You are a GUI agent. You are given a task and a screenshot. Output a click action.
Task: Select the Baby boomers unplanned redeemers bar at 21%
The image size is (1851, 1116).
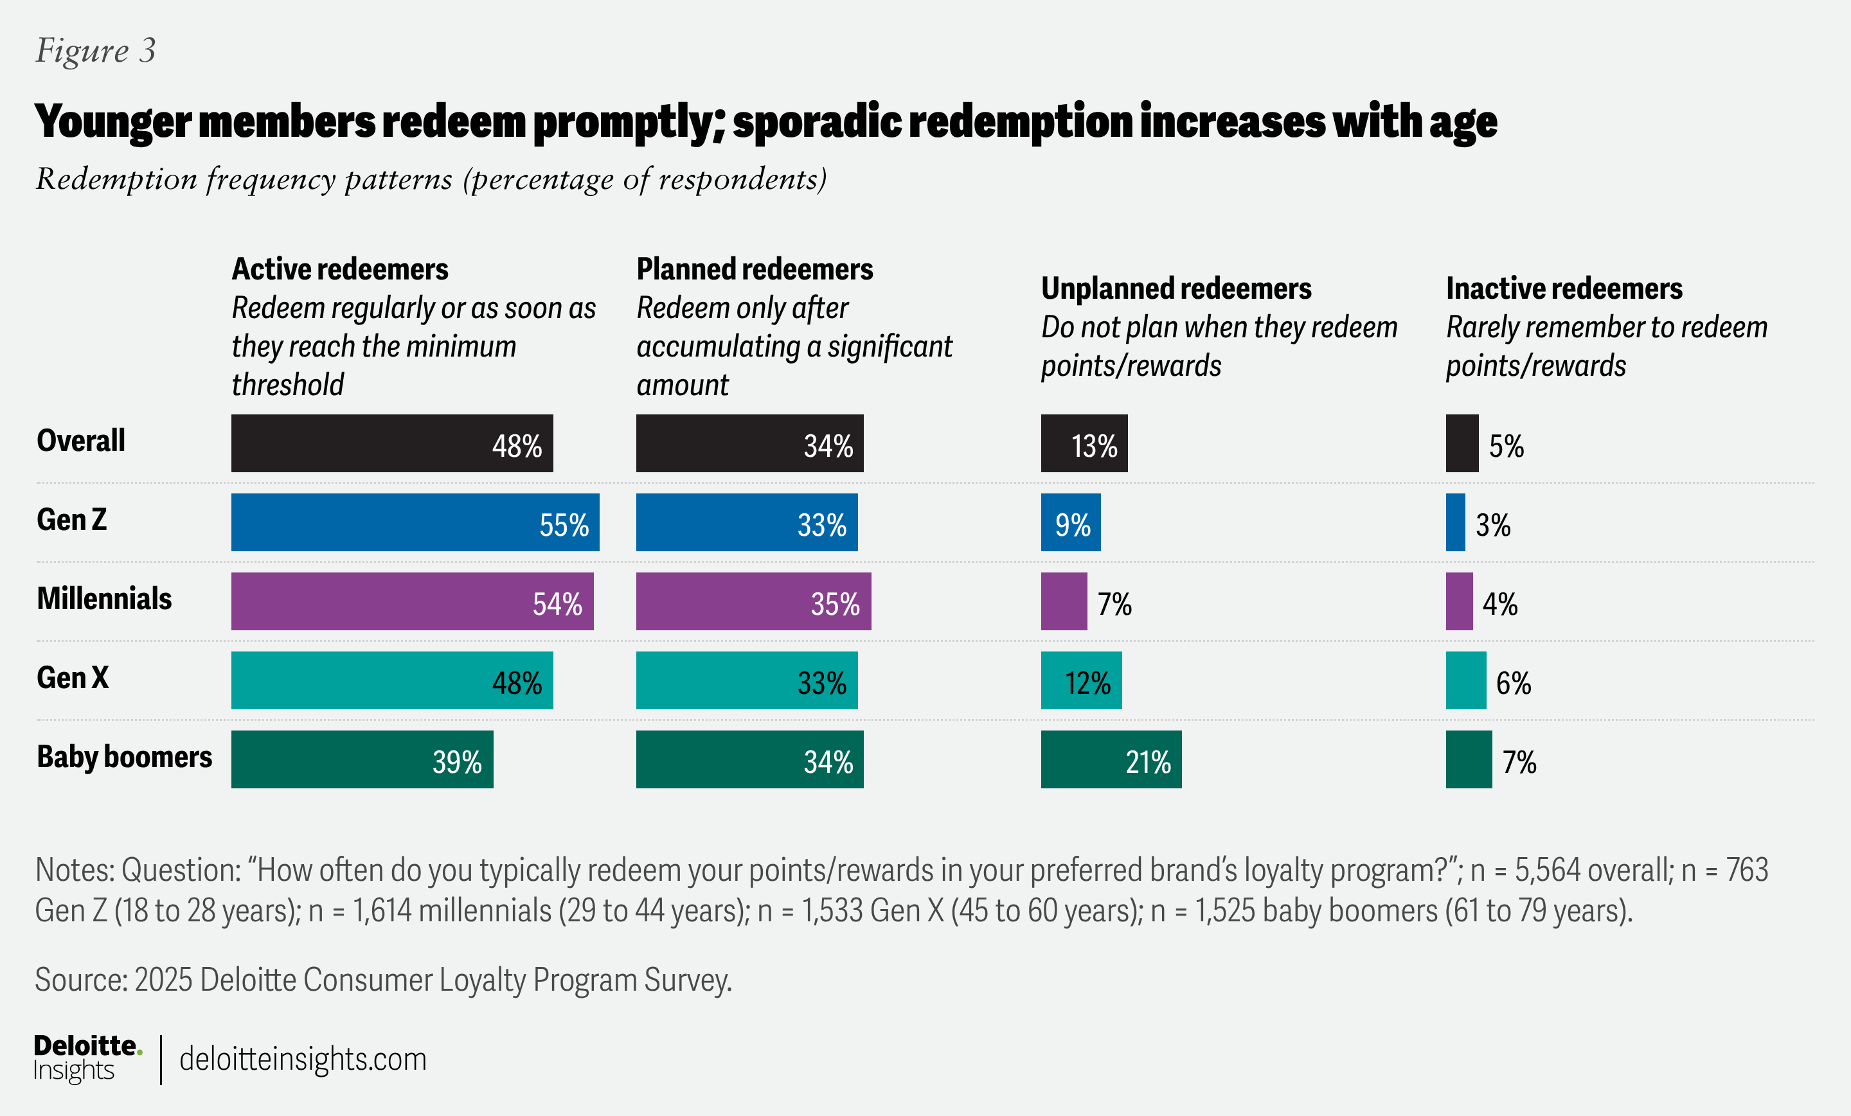click(1111, 759)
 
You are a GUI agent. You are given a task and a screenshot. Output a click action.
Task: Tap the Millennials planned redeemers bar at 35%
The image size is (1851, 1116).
click(753, 601)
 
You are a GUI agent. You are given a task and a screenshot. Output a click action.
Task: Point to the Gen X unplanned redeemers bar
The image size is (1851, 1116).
click(1080, 680)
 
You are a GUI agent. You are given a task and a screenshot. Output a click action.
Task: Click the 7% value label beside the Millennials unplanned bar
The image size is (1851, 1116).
click(1114, 604)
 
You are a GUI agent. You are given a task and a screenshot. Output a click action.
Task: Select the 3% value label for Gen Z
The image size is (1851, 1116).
click(1492, 525)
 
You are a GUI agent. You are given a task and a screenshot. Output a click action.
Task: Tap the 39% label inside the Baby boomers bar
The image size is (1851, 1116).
click(457, 762)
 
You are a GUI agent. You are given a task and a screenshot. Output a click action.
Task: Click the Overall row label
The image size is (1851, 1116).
click(81, 441)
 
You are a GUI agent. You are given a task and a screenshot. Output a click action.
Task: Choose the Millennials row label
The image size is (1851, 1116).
click(104, 599)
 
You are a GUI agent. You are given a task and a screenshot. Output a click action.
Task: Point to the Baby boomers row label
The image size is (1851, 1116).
click(125, 757)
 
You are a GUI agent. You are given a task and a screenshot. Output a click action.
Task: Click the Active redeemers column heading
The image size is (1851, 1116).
click(339, 269)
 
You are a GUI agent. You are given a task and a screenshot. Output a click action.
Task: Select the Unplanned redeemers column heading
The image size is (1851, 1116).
click(1176, 288)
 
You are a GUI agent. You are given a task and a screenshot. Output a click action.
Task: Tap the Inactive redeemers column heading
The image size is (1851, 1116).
click(1564, 288)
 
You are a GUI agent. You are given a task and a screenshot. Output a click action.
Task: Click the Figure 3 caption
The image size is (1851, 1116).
click(95, 50)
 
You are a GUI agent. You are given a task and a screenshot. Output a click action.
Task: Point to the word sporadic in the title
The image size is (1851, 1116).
click(817, 121)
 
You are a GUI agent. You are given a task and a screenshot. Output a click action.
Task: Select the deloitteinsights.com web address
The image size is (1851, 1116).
click(303, 1059)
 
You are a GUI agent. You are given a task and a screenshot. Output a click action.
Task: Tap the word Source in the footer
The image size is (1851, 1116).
click(79, 980)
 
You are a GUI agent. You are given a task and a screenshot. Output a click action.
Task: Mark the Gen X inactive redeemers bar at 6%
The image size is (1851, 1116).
click(1465, 680)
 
